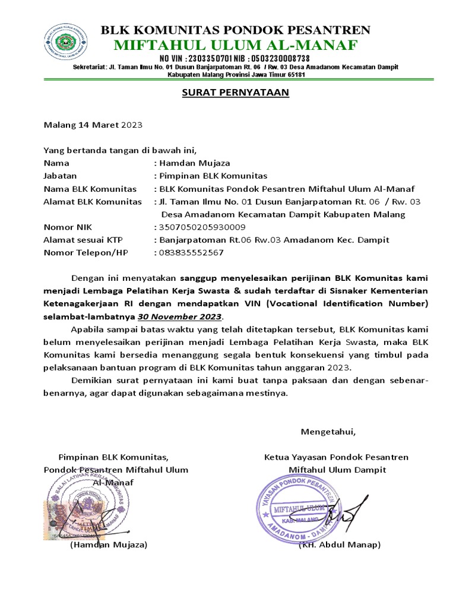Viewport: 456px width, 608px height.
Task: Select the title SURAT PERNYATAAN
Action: point(235,93)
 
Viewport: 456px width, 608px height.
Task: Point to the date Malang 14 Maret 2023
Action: point(93,125)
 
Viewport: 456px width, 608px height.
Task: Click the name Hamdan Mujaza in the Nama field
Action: point(194,163)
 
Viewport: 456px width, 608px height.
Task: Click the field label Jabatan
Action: point(61,176)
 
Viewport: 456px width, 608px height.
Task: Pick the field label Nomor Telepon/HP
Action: point(86,253)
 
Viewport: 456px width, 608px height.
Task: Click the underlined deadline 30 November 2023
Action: point(180,316)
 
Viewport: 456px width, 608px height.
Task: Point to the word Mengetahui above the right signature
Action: point(328,431)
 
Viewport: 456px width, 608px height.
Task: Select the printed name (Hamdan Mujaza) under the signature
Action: point(108,544)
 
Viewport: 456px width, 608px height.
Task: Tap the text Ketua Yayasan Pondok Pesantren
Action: point(336,457)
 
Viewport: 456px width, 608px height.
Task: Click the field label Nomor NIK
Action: point(68,227)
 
